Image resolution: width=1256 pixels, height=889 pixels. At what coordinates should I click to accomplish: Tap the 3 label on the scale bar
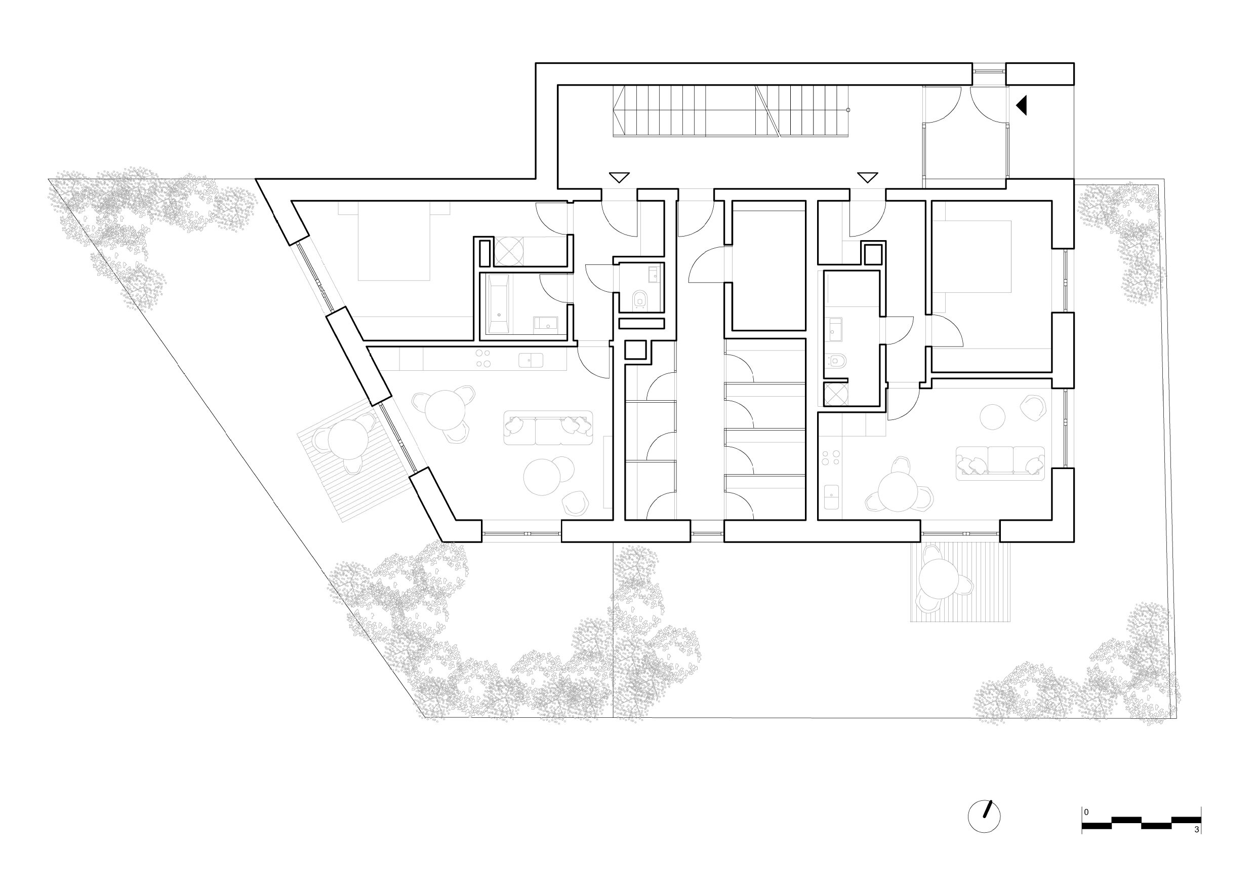point(1196,844)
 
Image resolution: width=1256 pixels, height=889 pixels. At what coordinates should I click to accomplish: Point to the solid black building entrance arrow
point(1021,105)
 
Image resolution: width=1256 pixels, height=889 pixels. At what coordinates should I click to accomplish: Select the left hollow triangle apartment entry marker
point(619,177)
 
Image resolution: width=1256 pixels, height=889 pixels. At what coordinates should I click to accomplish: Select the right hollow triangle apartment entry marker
point(868,177)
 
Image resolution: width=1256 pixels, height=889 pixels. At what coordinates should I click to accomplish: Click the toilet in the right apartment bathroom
point(836,362)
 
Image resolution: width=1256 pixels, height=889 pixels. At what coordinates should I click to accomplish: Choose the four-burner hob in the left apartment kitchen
point(483,358)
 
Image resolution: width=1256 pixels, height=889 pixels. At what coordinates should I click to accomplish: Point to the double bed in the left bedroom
point(394,241)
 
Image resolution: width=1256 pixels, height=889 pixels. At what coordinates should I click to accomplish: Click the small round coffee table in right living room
point(992,417)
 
